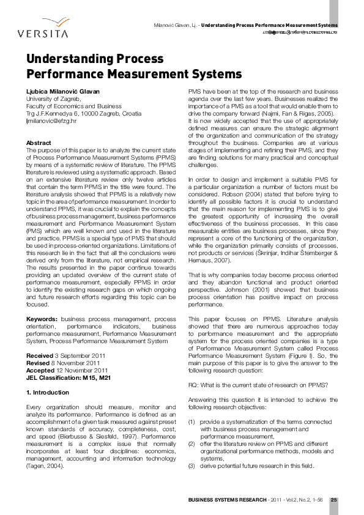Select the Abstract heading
pos(39,143)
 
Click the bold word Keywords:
pos(42,319)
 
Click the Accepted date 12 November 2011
pos(67,370)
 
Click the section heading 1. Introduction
pos(47,392)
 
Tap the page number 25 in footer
pos(334,500)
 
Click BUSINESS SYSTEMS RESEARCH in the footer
pos(226,500)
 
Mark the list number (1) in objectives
pos(192,421)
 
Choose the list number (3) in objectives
pos(192,466)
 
